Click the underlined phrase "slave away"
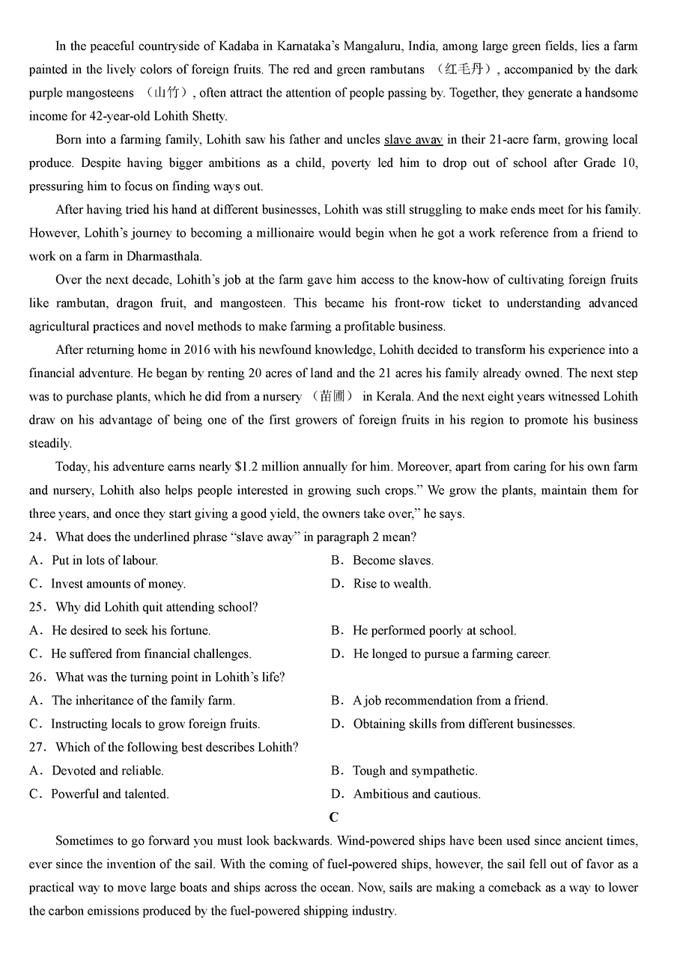[413, 139]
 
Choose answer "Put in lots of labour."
[104, 561]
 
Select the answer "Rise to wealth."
[392, 584]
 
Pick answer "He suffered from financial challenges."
[151, 654]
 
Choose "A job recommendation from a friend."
[450, 701]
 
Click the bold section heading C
[333, 817]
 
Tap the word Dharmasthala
[154, 256]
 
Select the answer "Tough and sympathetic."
[415, 771]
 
